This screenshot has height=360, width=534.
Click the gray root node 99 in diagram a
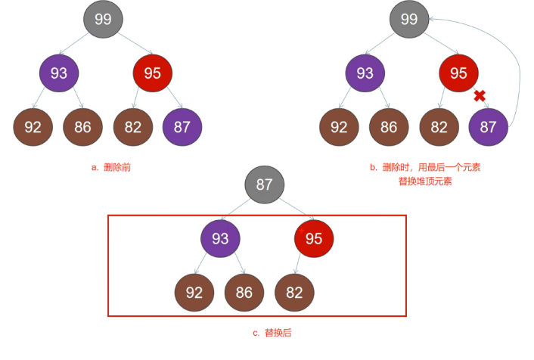[x=103, y=20]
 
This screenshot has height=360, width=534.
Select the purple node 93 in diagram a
[x=59, y=73]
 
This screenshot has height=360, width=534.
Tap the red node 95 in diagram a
[x=153, y=73]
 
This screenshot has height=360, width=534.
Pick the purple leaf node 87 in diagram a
[x=182, y=127]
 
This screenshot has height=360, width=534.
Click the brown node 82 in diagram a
[x=133, y=127]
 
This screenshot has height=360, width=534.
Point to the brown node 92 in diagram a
[x=33, y=127]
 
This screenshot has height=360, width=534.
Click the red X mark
[x=479, y=96]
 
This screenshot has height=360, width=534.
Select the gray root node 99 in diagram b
[x=409, y=20]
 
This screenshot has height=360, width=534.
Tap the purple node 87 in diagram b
[x=488, y=127]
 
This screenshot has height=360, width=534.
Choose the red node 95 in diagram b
[x=458, y=73]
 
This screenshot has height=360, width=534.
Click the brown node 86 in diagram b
[x=389, y=127]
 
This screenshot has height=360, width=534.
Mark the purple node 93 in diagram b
[x=365, y=73]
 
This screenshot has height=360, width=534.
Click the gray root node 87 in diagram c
[x=265, y=185]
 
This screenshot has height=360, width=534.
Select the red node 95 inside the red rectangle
[x=314, y=239]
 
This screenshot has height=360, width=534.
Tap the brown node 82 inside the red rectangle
[x=294, y=292]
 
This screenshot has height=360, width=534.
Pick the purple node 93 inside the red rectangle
[x=220, y=239]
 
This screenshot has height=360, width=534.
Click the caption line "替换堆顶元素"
[x=425, y=182]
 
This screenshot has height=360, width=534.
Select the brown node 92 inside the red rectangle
[x=194, y=292]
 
